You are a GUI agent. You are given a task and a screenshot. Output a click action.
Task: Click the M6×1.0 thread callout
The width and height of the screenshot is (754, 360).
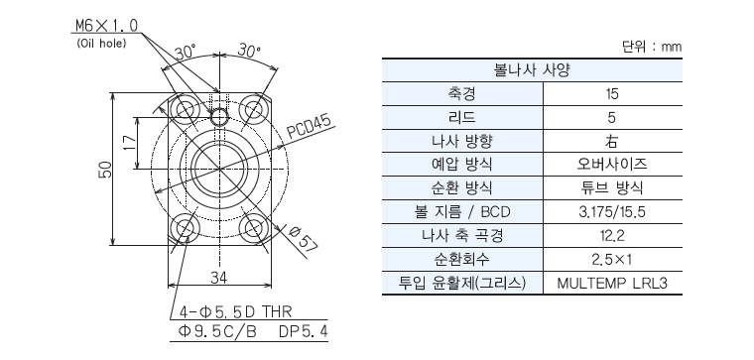108,25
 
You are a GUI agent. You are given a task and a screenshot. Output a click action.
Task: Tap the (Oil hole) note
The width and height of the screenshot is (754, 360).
101,44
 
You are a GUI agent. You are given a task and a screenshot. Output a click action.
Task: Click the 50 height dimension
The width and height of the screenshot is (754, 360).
106,170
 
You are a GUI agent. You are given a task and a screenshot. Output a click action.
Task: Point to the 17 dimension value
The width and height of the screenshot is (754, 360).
129,142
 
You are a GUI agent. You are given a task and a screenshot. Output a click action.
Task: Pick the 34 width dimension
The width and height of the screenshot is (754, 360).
219,277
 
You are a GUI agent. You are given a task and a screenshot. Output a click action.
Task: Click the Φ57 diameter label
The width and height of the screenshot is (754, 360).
303,238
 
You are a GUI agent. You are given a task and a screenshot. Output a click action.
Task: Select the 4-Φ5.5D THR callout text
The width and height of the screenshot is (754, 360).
235,311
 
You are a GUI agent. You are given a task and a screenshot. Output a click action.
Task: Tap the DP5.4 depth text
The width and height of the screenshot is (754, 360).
304,331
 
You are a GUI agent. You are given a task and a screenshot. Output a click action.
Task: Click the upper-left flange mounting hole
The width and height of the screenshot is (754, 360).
186,109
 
